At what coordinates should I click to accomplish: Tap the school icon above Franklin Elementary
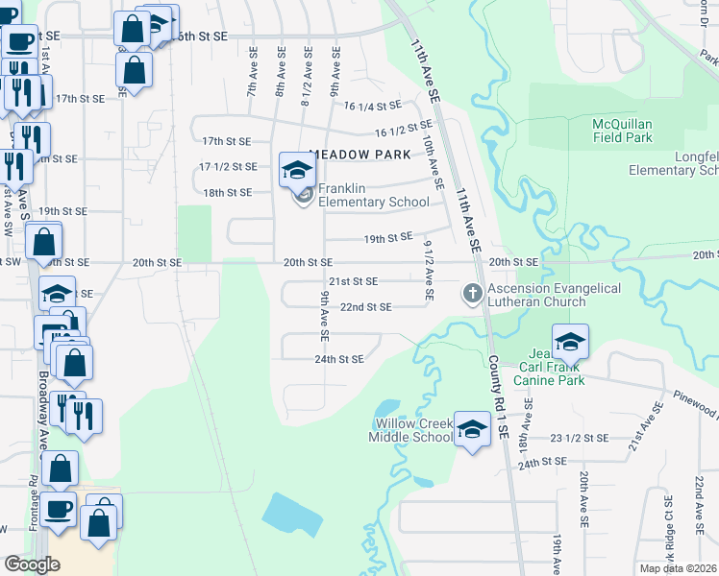297,172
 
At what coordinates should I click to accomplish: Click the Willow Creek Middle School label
410,430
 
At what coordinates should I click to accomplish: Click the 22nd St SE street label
366,307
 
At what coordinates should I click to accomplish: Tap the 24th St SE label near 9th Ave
340,359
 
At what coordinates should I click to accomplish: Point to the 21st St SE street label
353,281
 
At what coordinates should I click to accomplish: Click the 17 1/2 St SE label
228,166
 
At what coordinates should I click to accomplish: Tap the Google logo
32,564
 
